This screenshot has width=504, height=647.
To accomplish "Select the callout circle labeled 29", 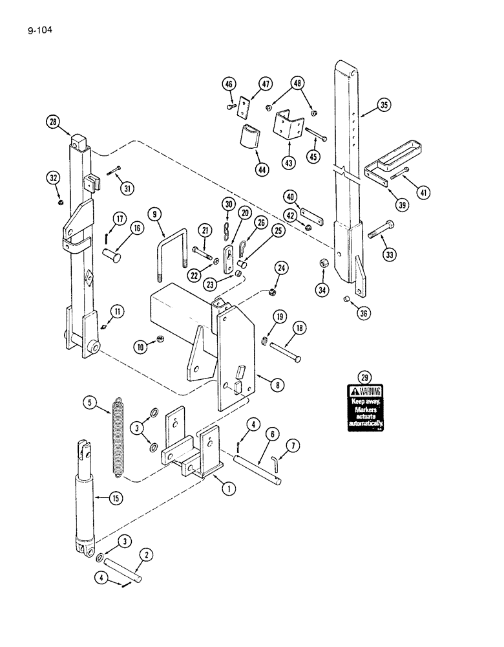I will (x=365, y=377).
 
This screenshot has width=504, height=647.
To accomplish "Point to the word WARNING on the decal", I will (x=369, y=391).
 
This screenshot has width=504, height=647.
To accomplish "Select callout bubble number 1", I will (x=227, y=489).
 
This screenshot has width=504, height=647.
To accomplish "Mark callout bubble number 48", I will (x=297, y=83).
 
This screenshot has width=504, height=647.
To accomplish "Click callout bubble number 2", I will (x=147, y=555).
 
